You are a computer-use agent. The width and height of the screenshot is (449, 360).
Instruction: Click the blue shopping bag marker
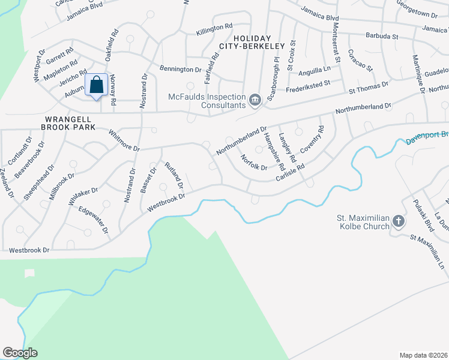(97, 86)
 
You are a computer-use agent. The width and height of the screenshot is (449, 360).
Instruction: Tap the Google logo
(20, 353)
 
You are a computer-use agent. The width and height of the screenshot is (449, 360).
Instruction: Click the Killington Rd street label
(213, 27)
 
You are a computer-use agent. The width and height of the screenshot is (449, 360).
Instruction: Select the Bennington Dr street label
(181, 69)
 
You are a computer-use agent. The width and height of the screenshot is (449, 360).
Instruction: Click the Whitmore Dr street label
(124, 140)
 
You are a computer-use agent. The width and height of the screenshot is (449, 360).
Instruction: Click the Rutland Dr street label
(173, 175)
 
